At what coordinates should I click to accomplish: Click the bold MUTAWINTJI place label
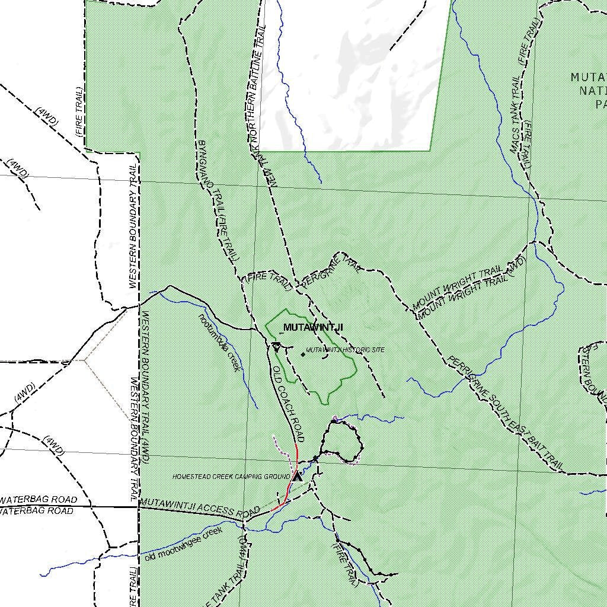(312, 327)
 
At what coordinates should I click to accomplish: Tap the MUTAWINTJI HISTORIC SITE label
(345, 350)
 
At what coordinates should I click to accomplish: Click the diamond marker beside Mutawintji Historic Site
(303, 354)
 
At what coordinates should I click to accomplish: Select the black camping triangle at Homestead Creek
(297, 475)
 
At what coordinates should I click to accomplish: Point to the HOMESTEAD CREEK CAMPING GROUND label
(231, 477)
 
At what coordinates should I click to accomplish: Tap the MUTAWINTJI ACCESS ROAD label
(200, 507)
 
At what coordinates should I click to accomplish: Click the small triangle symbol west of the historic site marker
(276, 347)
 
